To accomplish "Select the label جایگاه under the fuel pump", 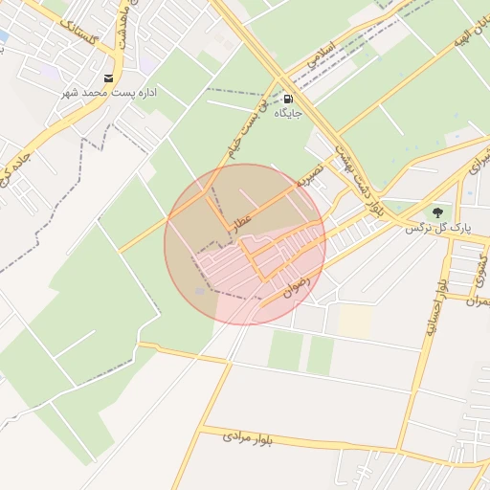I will click(289, 113).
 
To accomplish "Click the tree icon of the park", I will click(437, 212).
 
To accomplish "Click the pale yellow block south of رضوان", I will click(355, 320).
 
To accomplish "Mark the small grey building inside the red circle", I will click(200, 290).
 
